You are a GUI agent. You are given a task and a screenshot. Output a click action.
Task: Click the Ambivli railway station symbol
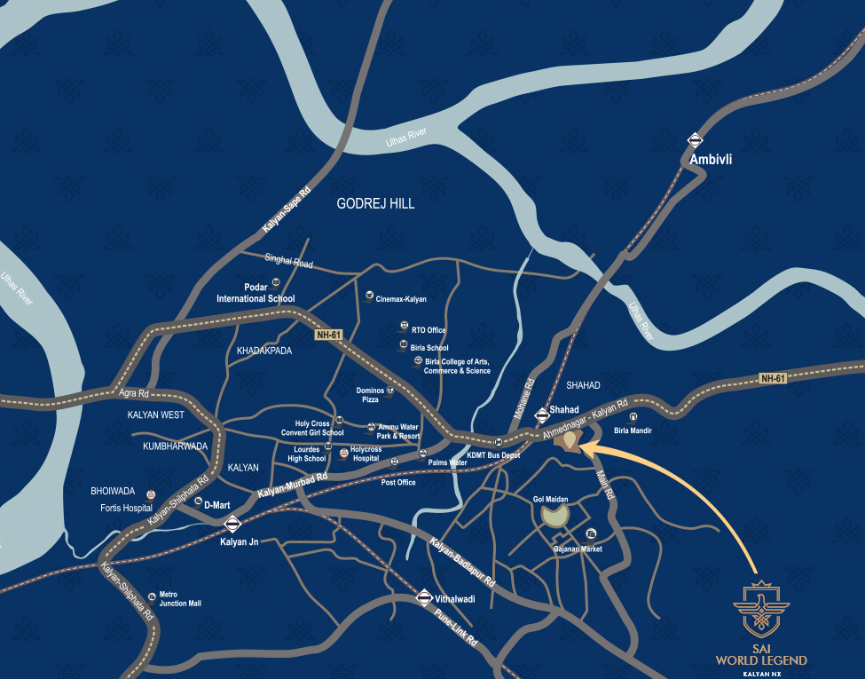click(x=695, y=139)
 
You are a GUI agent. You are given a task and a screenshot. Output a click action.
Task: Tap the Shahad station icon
click(x=541, y=414)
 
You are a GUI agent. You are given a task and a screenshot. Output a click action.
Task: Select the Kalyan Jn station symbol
click(x=232, y=523)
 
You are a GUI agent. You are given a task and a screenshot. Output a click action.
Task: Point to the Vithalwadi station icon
click(x=424, y=598)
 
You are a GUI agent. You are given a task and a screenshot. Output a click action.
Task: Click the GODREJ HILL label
click(x=375, y=204)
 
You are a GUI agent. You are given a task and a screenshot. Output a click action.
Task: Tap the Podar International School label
click(x=256, y=293)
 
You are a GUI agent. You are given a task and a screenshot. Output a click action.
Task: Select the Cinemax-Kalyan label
click(x=401, y=300)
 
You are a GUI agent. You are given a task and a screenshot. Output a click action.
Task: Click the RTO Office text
click(x=429, y=330)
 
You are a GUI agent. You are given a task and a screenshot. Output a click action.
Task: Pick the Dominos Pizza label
click(x=370, y=395)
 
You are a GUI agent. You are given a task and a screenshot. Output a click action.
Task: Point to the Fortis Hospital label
click(x=126, y=509)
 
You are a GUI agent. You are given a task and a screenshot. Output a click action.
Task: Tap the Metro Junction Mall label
click(x=180, y=599)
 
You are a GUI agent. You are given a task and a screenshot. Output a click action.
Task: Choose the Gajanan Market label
click(x=578, y=549)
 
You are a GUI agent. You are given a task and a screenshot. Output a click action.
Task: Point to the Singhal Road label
click(x=289, y=263)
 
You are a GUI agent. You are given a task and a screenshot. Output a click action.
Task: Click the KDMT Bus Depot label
click(x=493, y=455)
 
